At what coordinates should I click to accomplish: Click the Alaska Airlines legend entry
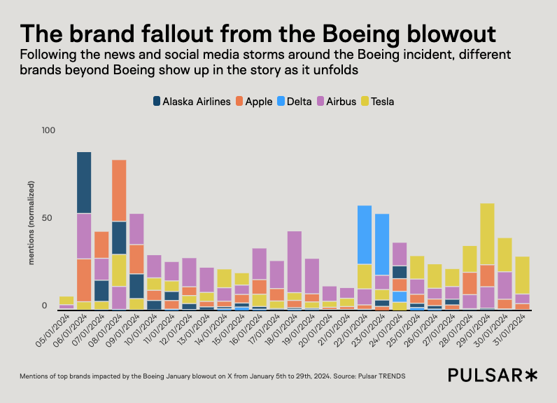(x=192, y=102)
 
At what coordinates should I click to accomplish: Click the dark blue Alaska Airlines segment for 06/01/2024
(x=84, y=182)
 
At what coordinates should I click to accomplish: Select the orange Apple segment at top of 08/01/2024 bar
(x=119, y=190)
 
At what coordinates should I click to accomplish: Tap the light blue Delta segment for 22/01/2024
(x=365, y=234)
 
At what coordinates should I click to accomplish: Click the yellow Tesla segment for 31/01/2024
(x=522, y=275)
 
